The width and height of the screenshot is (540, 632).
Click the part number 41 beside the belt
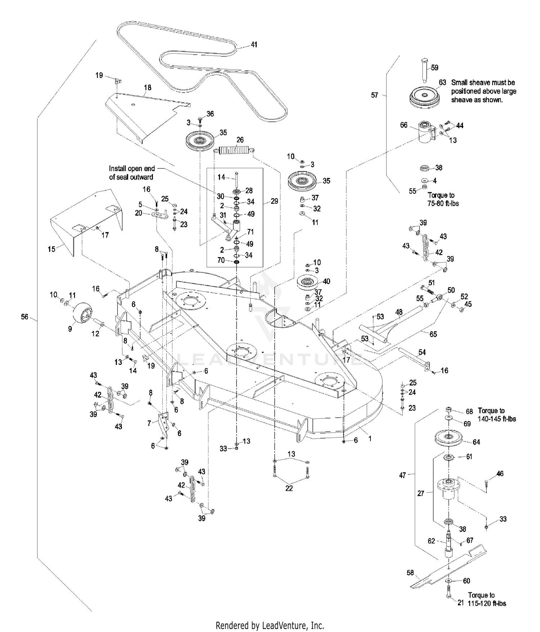click(254, 45)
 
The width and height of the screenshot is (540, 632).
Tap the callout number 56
click(24, 317)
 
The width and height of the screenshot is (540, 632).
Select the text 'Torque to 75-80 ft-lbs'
click(443, 199)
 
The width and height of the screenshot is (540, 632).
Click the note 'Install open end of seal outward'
click(132, 173)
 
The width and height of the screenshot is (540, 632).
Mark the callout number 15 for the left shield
click(51, 249)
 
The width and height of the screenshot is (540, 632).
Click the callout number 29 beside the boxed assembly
click(274, 201)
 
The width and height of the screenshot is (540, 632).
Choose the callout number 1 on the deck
click(370, 439)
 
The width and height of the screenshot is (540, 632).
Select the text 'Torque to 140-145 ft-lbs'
click(497, 415)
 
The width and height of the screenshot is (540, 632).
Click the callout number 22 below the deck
click(289, 488)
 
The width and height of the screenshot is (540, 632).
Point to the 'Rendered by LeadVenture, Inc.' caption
click(270, 625)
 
